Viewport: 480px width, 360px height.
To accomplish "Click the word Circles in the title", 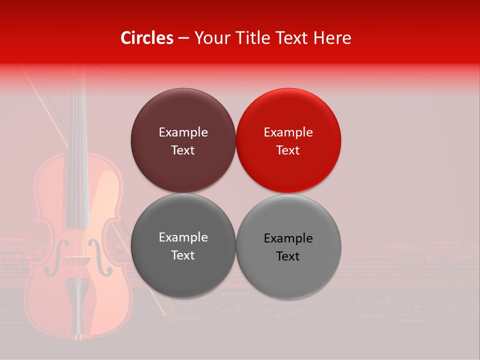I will click(147, 38).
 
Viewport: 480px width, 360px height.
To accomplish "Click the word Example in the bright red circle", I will click(288, 132).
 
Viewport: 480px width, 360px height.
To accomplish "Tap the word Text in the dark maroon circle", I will click(183, 150).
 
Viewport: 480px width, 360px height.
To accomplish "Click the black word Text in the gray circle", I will click(288, 256).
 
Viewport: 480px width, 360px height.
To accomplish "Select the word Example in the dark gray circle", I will click(183, 237).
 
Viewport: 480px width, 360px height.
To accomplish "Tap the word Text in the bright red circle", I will click(288, 150).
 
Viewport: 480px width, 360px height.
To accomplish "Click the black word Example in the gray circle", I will click(288, 238).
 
